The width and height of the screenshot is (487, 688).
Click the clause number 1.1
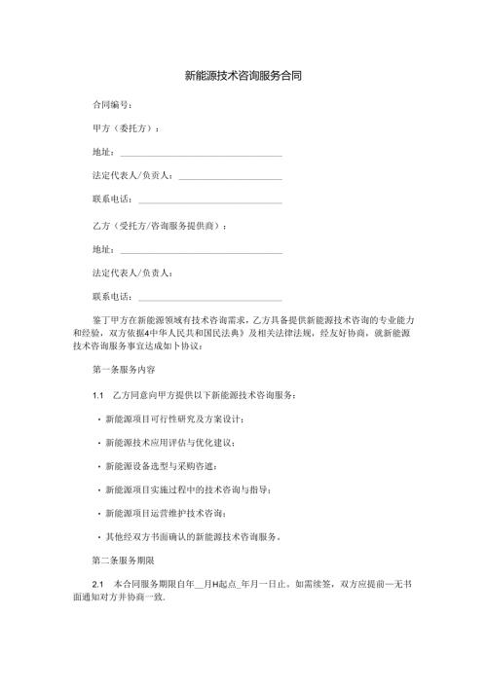96,395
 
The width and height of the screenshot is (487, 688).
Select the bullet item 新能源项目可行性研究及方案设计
178,418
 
